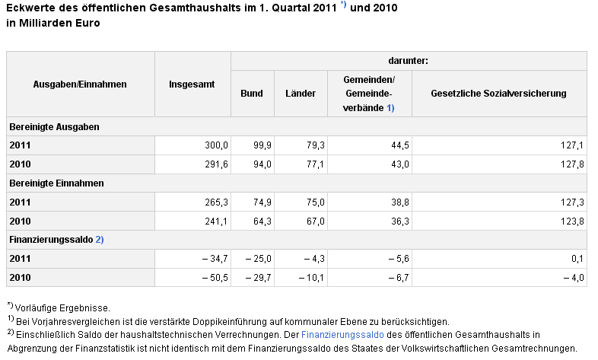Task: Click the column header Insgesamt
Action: click(x=192, y=84)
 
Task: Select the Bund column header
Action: click(x=252, y=94)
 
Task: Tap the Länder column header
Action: click(x=301, y=94)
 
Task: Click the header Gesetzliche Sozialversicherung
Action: click(x=498, y=94)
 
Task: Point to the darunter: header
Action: click(x=408, y=61)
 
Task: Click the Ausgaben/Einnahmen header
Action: click(x=80, y=84)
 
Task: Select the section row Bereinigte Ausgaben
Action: click(x=54, y=127)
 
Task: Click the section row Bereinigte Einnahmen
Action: click(x=56, y=183)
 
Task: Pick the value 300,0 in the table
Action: click(x=216, y=145)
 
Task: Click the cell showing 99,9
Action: click(x=262, y=145)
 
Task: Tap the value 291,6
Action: click(x=216, y=164)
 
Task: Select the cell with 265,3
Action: click(x=216, y=202)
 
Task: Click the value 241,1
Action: click(x=216, y=221)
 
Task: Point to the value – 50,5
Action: click(x=215, y=278)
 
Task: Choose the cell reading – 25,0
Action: click(x=259, y=259)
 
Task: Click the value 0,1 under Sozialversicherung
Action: click(x=577, y=259)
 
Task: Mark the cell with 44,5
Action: click(x=400, y=145)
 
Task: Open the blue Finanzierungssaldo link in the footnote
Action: click(x=342, y=335)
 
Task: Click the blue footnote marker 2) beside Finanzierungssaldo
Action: click(x=100, y=240)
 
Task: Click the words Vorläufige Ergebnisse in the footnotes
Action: click(x=62, y=308)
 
